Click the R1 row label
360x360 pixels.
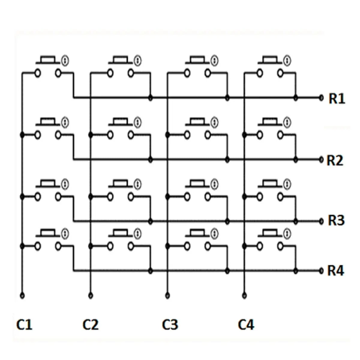(x=337, y=99)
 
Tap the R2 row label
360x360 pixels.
(x=335, y=160)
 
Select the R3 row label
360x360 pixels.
(x=336, y=220)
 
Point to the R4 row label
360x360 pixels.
(x=335, y=271)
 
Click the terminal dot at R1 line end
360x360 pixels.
(x=321, y=98)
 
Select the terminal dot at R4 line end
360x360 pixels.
(x=321, y=271)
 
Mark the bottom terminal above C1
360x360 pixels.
(x=22, y=296)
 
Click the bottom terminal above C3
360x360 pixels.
(x=168, y=296)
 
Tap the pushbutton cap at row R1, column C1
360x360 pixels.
(x=48, y=60)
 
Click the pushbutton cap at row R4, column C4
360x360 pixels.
(x=270, y=233)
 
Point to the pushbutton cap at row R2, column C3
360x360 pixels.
(x=197, y=121)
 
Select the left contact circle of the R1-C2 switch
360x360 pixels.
(x=110, y=73)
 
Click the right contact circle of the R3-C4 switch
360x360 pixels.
(x=280, y=197)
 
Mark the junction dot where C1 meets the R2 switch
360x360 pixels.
(x=22, y=135)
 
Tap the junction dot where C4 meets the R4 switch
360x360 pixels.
(x=244, y=246)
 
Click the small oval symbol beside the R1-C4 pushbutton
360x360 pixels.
(x=287, y=61)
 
